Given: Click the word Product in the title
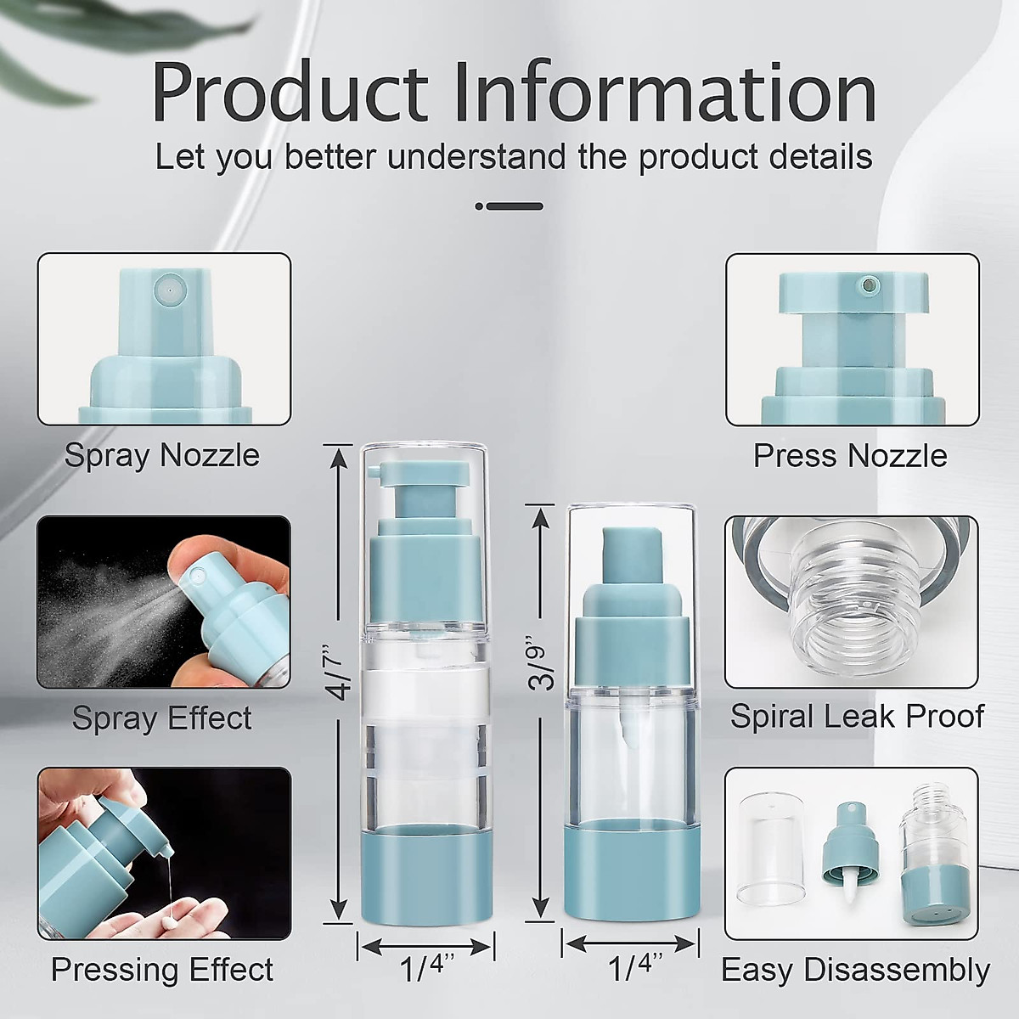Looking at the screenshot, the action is [x=290, y=93].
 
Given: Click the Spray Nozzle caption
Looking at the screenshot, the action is [x=162, y=455].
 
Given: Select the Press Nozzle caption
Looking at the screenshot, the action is [x=850, y=455].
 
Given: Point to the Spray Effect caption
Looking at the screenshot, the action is [x=162, y=718].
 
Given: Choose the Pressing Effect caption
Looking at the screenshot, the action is [x=162, y=969].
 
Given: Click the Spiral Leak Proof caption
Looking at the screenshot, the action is [x=857, y=717].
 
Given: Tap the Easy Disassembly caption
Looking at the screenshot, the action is [x=855, y=971].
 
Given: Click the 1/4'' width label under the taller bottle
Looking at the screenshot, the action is [x=426, y=968].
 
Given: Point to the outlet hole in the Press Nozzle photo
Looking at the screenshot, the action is [x=868, y=286].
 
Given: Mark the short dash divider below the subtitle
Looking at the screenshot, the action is [x=509, y=206].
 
